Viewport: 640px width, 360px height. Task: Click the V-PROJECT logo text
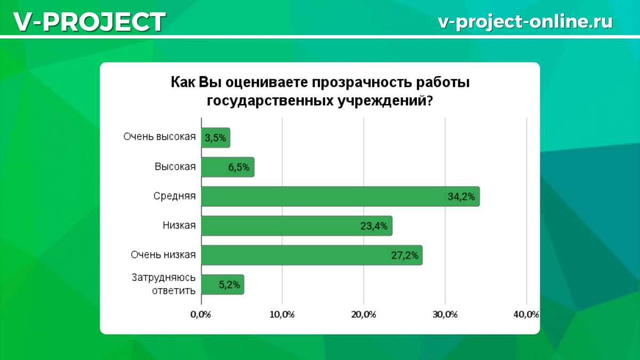(90, 22)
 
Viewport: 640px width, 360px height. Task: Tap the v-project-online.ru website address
(525, 22)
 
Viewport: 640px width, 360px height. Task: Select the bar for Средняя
(340, 196)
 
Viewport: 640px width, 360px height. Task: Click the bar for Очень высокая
(215, 138)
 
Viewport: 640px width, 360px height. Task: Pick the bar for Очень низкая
(311, 255)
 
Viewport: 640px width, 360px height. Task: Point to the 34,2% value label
(461, 197)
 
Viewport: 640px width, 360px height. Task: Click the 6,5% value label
(239, 167)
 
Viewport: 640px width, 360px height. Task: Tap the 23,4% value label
(374, 226)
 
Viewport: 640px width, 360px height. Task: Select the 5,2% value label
(229, 285)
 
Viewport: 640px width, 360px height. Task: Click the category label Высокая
(175, 166)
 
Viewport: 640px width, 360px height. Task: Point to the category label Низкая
(179, 226)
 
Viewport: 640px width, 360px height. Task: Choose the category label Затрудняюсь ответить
(163, 284)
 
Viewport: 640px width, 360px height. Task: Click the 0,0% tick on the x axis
(201, 315)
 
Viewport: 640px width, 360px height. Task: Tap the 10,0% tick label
(282, 315)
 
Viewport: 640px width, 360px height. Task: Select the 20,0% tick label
(363, 315)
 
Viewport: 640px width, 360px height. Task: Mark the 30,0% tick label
(445, 315)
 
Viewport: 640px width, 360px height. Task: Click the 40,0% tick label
(526, 315)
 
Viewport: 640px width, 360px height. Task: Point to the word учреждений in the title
(385, 101)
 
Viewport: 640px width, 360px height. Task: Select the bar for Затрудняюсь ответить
(222, 285)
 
